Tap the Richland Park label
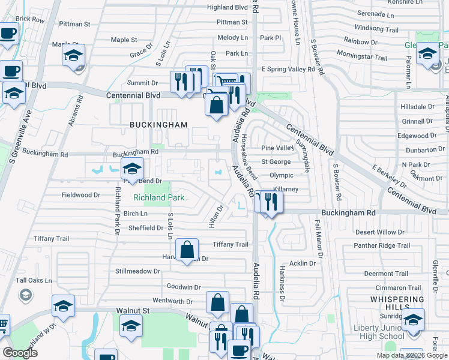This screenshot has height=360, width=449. tap(158, 197)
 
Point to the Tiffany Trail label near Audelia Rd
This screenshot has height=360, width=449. tap(231, 244)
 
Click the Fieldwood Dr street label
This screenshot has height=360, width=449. tap(80, 195)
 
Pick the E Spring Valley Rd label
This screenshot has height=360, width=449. tap(288, 70)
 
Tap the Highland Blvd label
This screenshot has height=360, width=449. tap(228, 7)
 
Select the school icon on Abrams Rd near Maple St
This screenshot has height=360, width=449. tap(73, 56)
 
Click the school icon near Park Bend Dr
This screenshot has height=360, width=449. tap(133, 170)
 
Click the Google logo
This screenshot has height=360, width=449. tap(20, 352)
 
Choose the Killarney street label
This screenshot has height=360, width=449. tap(286, 189)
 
